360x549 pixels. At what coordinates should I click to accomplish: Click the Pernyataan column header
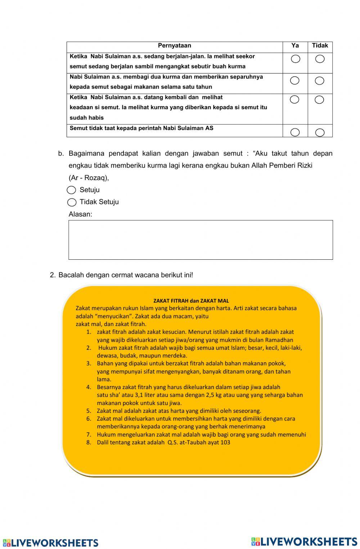(175, 46)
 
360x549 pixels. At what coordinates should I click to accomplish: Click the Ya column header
(295, 46)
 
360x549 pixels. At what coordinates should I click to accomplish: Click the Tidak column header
(320, 46)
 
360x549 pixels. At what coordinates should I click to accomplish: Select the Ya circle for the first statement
(296, 59)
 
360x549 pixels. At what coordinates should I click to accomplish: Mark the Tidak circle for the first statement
(320, 59)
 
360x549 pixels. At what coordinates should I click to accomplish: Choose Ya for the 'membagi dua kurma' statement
(295, 80)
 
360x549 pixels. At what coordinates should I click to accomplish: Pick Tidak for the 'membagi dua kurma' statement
(320, 81)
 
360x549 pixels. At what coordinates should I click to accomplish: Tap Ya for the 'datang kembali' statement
(294, 100)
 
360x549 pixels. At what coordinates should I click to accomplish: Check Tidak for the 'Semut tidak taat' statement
(320, 133)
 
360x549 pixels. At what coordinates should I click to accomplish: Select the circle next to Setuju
(72, 190)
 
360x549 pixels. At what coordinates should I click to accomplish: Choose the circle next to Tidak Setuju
(72, 202)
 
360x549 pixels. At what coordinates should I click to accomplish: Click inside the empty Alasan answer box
(201, 240)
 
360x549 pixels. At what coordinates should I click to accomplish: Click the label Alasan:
(80, 214)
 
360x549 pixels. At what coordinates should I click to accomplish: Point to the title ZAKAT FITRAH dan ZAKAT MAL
(191, 301)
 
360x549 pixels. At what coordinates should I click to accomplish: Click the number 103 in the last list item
(225, 442)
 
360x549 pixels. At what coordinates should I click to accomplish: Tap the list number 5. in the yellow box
(89, 411)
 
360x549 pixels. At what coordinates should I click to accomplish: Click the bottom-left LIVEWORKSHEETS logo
(50, 543)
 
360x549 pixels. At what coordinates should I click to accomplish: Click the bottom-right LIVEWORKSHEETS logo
(304, 541)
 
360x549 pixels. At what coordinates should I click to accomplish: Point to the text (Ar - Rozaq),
(89, 178)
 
